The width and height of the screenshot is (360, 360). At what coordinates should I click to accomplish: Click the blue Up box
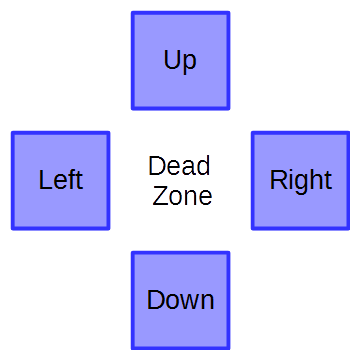[180, 60]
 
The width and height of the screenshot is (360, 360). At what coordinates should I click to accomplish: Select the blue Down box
[180, 300]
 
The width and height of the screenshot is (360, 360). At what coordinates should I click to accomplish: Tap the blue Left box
[60, 180]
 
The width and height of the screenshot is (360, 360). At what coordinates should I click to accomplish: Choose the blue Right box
[300, 180]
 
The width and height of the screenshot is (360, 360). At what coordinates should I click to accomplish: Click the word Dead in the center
[179, 166]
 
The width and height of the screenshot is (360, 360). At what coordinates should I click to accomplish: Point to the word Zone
[182, 196]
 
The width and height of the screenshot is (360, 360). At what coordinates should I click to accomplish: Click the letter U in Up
[172, 60]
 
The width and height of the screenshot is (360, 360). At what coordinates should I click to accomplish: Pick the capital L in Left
[45, 180]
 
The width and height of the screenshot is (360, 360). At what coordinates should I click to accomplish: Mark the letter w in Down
[185, 301]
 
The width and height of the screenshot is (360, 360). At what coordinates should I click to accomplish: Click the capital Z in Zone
[159, 196]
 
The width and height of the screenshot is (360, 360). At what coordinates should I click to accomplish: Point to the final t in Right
[327, 180]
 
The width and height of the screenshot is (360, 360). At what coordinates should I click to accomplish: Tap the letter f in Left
[70, 180]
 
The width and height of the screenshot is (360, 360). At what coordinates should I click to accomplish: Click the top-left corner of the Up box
[133, 13]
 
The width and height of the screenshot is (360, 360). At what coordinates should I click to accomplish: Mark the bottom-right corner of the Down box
[228, 348]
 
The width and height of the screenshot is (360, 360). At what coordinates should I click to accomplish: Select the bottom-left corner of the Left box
[13, 228]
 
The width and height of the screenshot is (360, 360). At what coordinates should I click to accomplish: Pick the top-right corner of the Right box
[348, 133]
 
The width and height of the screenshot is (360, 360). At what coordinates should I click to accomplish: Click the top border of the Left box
[60, 133]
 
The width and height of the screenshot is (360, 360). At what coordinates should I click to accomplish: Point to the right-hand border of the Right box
[348, 180]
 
